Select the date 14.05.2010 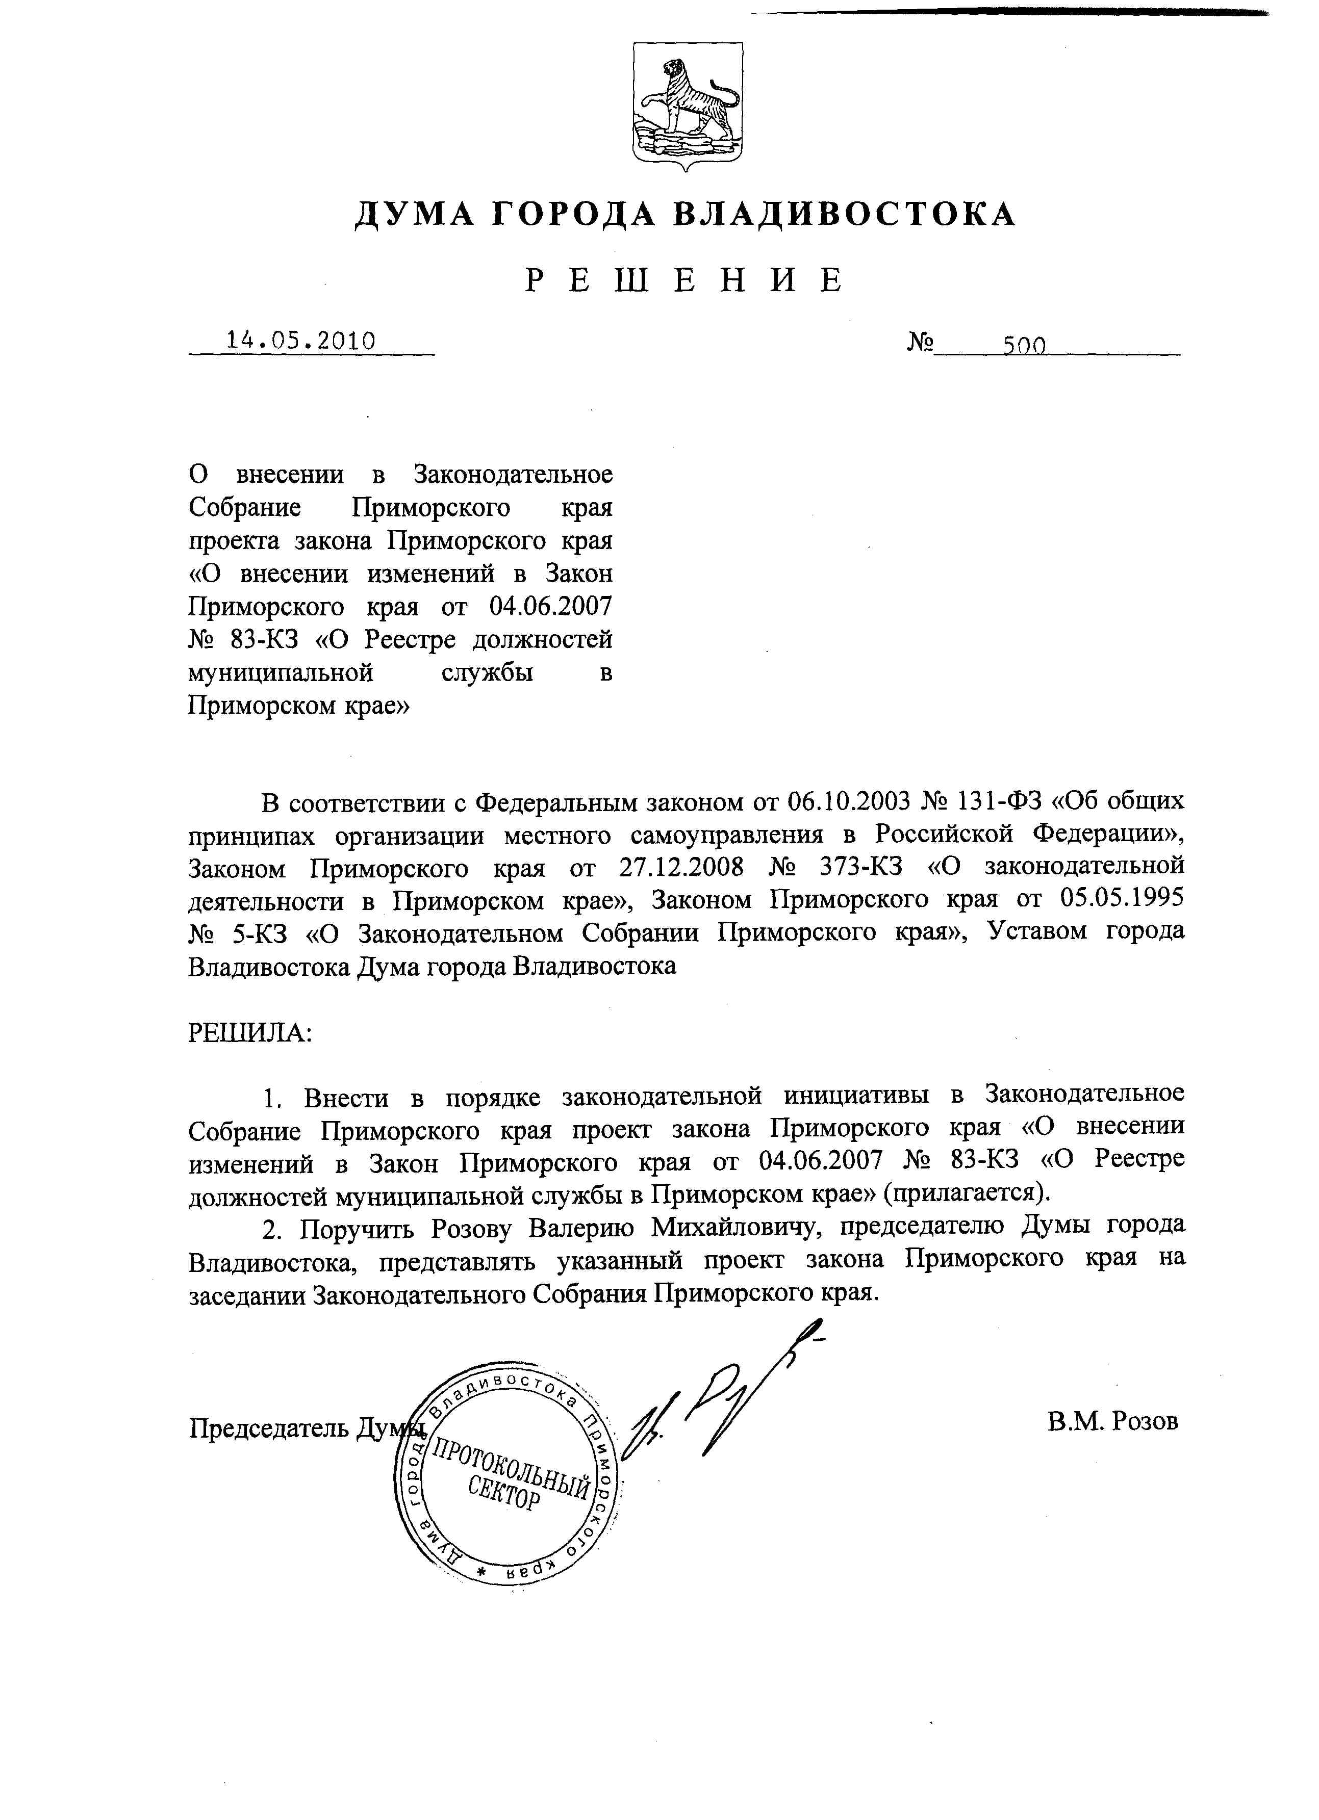click(x=301, y=341)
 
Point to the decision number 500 click(x=1024, y=345)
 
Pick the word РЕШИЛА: click(x=249, y=1032)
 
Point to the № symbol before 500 click(x=921, y=343)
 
